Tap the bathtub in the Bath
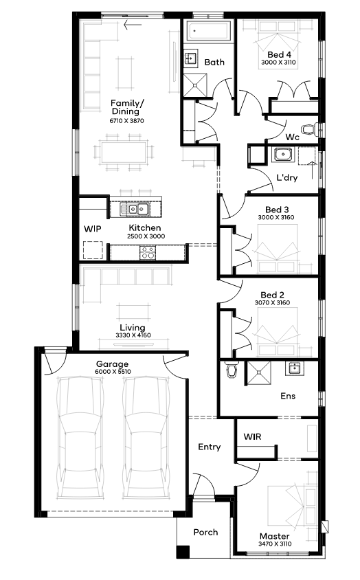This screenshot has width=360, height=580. pyautogui.click(x=208, y=31)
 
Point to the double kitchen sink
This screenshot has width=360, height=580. pyautogui.click(x=134, y=209)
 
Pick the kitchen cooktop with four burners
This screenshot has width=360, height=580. pyautogui.click(x=148, y=252)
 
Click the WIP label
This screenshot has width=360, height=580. pyautogui.click(x=93, y=229)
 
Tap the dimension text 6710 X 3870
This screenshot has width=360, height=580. pyautogui.click(x=127, y=120)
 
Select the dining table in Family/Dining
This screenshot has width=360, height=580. pyautogui.click(x=124, y=153)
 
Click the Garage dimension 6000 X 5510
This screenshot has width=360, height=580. pyautogui.click(x=113, y=371)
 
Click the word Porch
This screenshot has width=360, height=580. pyautogui.click(x=205, y=532)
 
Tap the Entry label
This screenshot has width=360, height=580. pyautogui.click(x=210, y=447)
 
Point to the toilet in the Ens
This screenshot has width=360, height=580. pyautogui.click(x=232, y=370)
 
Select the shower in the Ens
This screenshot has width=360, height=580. pyautogui.click(x=259, y=373)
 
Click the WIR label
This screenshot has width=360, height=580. pyautogui.click(x=252, y=436)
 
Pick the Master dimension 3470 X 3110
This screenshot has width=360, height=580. pyautogui.click(x=275, y=544)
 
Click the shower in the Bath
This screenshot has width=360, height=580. pyautogui.click(x=195, y=85)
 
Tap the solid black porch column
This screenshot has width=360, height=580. pyautogui.click(x=183, y=552)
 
